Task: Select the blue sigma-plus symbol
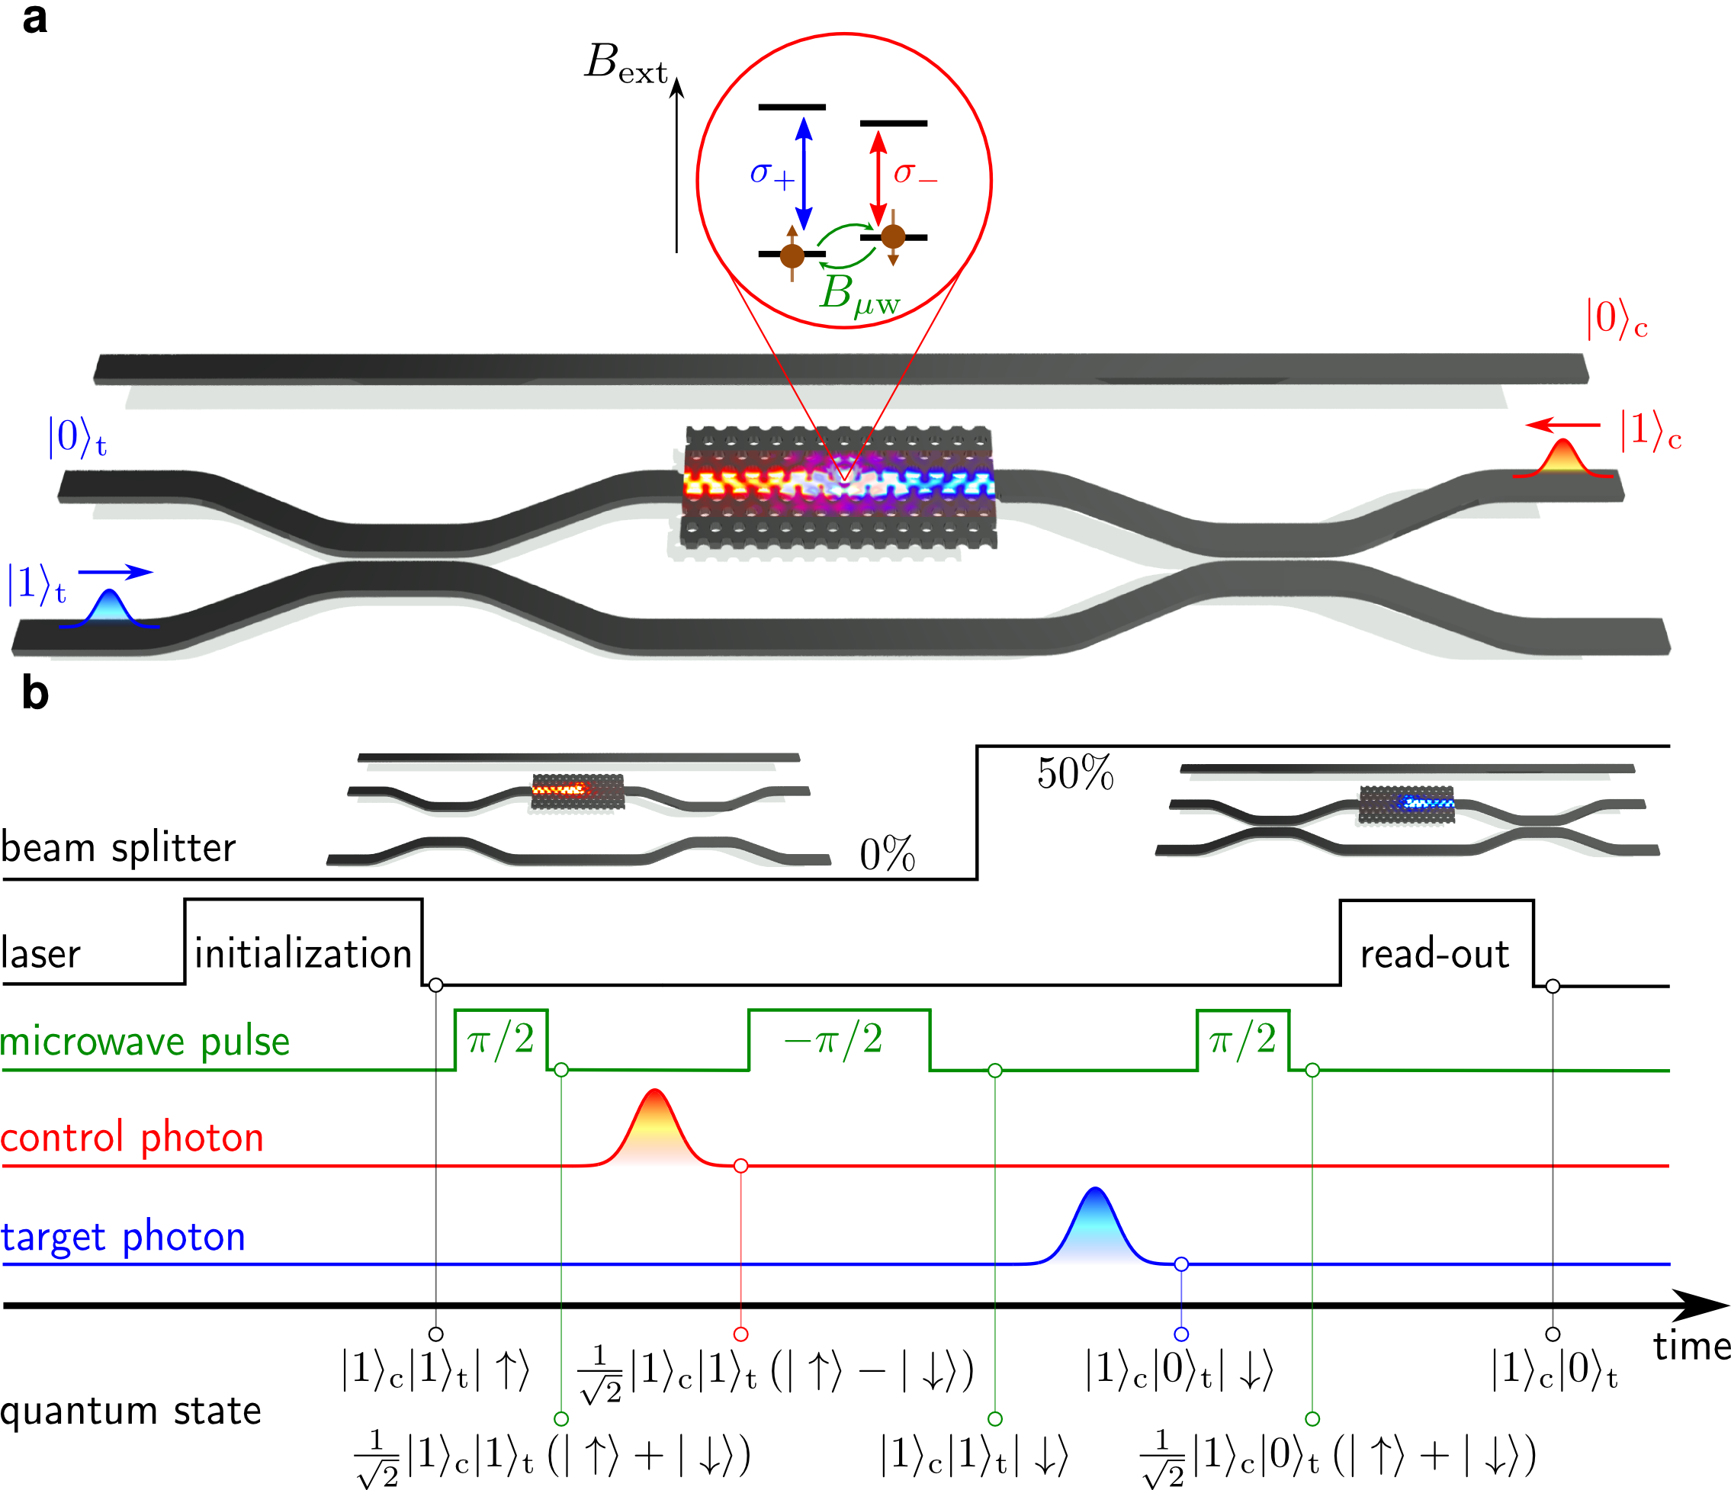770,174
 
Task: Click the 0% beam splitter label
887,854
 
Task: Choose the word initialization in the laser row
303,953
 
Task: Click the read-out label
1434,954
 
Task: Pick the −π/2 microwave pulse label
833,1040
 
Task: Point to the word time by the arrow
1691,1346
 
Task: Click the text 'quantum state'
131,1411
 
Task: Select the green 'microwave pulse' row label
146,1042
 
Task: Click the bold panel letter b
35,693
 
